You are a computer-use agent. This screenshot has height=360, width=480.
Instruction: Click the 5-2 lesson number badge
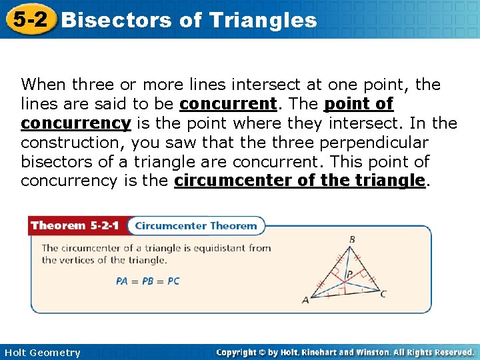click(x=28, y=19)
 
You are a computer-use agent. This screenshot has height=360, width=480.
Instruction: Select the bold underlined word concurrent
click(x=228, y=105)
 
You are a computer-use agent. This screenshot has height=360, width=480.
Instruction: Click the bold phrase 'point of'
click(x=359, y=105)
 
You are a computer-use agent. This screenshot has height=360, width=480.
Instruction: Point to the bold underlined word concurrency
click(x=75, y=124)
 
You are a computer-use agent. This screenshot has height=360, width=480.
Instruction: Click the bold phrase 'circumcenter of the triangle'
click(x=299, y=181)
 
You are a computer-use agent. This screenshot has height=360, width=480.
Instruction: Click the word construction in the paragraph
click(x=72, y=143)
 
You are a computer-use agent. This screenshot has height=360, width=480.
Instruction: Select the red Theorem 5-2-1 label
click(x=75, y=226)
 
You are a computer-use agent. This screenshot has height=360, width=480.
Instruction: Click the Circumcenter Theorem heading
click(x=195, y=226)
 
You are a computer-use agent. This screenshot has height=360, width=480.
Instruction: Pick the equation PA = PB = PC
click(x=147, y=281)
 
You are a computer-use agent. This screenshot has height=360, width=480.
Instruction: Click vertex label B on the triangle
click(x=352, y=240)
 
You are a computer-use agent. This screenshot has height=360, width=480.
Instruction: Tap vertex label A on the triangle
click(x=306, y=301)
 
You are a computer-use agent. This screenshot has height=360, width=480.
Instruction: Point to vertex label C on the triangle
click(x=383, y=293)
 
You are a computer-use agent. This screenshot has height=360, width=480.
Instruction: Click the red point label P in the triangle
click(x=349, y=273)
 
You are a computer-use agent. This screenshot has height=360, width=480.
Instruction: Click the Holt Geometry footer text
click(x=41, y=353)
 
